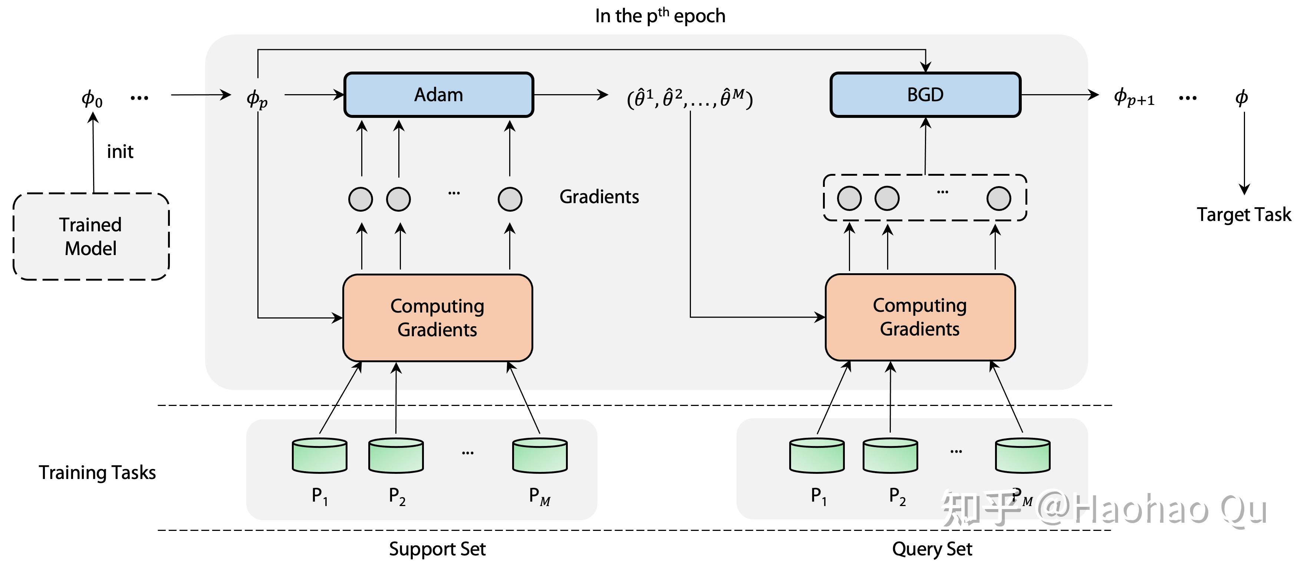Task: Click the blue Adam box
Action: click(x=438, y=95)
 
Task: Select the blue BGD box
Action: click(x=925, y=95)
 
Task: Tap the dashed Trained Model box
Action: click(x=91, y=236)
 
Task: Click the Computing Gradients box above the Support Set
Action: click(x=437, y=318)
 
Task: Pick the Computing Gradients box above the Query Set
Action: click(x=920, y=317)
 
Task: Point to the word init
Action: click(x=120, y=152)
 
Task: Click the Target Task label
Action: click(x=1244, y=215)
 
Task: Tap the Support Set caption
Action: click(x=437, y=549)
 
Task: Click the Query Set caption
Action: click(x=932, y=549)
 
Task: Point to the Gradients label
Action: click(x=599, y=196)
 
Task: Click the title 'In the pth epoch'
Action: click(x=660, y=16)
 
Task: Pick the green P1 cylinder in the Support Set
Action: click(x=320, y=455)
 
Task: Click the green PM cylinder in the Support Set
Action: click(x=539, y=455)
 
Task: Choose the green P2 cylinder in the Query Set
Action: click(x=890, y=455)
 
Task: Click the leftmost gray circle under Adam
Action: click(x=360, y=199)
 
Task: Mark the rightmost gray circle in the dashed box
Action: click(x=998, y=198)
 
